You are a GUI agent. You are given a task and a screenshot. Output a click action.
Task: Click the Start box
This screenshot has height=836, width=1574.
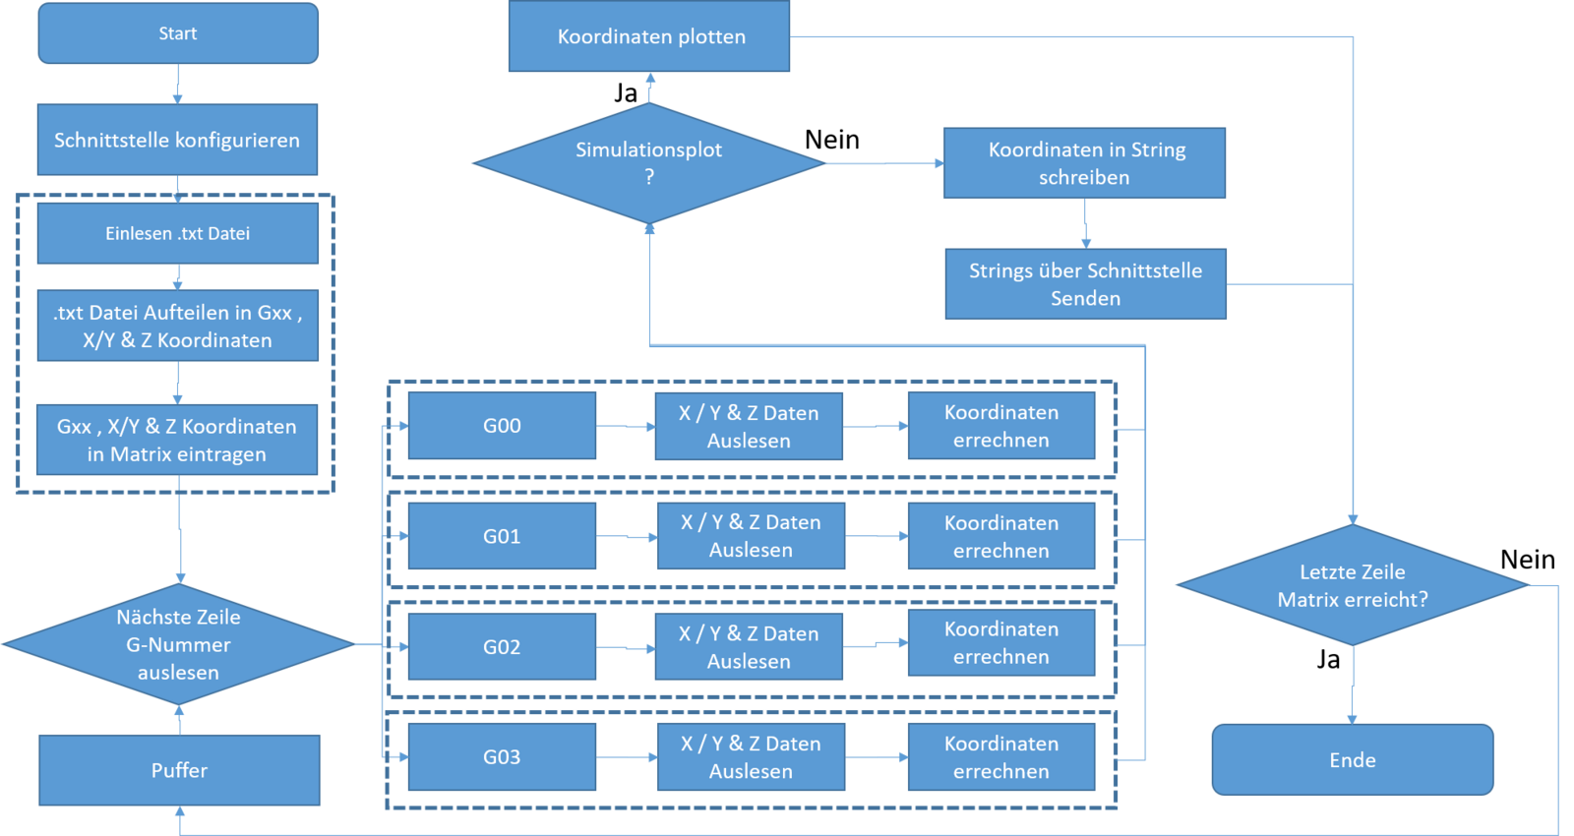coord(178,33)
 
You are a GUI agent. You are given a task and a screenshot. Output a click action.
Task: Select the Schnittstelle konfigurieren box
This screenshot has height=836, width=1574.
coord(177,140)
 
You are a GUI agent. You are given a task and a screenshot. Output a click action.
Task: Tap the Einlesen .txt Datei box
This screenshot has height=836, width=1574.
coord(177,233)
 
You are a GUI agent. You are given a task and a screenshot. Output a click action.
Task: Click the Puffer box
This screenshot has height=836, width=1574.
coord(179,770)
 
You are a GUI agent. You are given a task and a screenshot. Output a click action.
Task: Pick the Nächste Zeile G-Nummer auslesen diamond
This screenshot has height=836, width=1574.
coord(178,644)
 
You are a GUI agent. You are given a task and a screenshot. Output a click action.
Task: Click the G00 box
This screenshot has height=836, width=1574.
coord(502,426)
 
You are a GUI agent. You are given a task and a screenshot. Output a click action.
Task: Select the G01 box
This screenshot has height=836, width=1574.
coord(502,536)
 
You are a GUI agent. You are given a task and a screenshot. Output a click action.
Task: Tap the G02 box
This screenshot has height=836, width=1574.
coord(502,647)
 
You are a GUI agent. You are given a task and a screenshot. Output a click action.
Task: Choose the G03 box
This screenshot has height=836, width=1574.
coord(502,757)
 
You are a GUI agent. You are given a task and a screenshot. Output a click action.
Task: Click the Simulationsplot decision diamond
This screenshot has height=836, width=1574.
coord(648,162)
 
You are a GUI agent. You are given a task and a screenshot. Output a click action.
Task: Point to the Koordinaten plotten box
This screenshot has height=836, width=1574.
coord(649,36)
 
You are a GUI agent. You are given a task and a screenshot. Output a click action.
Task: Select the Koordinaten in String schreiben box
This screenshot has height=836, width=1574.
coord(1084,163)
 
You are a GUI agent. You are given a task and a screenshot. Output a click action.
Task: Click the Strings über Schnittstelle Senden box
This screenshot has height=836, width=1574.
coord(1085,284)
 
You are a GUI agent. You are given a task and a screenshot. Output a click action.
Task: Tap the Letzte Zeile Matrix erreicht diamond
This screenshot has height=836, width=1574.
coord(1353,585)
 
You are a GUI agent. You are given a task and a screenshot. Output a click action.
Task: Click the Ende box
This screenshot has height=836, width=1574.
coord(1353,760)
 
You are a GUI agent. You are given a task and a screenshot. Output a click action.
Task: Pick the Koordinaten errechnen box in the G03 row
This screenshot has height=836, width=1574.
coord(1001,757)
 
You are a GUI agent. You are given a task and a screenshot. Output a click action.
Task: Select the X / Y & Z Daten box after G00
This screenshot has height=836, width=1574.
coord(749,427)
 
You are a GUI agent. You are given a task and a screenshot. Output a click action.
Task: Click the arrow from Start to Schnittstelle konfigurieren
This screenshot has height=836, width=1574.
coord(178,85)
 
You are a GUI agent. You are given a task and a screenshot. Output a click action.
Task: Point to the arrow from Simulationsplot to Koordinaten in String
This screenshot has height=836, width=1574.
coord(884,163)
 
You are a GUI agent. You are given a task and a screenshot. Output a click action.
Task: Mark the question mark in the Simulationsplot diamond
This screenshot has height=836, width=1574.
coord(649,177)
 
